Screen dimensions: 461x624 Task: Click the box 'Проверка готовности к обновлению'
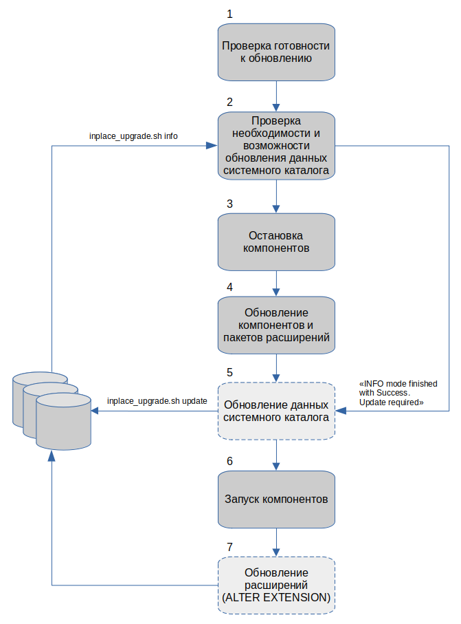coord(276,52)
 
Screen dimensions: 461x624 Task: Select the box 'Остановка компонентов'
coord(276,242)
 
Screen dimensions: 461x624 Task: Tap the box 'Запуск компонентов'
coord(276,499)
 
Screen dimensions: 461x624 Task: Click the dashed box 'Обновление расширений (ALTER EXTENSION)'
coord(276,585)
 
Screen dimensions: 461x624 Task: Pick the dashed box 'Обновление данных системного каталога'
coord(276,411)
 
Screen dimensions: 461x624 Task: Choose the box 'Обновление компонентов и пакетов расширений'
coord(276,325)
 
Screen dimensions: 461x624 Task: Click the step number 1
coord(229,14)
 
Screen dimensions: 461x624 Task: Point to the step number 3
coord(229,204)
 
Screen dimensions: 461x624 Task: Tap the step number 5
coord(229,372)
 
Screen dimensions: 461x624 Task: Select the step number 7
coord(229,547)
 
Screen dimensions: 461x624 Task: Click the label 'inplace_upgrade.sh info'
coord(133,136)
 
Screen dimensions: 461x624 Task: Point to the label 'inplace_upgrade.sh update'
coord(157,401)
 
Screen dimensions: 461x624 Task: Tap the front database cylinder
coord(64,422)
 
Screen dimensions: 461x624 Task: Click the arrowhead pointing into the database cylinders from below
coord(52,456)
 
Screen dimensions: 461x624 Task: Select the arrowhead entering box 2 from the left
coord(212,146)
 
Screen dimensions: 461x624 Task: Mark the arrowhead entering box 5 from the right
coord(341,411)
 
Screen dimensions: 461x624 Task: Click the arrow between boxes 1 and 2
coord(276,96)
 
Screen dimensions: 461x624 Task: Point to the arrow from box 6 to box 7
coord(276,542)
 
